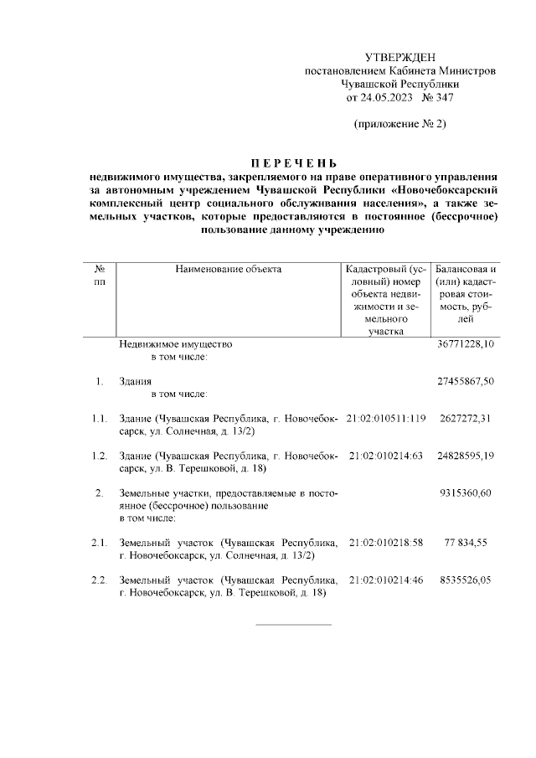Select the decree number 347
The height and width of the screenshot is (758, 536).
[439, 98]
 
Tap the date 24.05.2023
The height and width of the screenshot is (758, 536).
[383, 98]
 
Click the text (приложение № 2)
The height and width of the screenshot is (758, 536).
[400, 125]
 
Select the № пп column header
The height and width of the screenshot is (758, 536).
[100, 276]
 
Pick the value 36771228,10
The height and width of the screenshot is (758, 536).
[466, 344]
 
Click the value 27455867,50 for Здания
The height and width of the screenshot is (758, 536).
[466, 381]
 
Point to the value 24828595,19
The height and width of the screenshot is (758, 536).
[466, 455]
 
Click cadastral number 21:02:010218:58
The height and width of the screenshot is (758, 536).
[386, 543]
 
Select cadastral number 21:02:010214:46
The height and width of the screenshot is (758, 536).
[386, 580]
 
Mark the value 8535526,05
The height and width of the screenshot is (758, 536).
[466, 580]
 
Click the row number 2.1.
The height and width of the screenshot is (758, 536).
[100, 543]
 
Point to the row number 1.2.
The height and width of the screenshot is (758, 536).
[100, 455]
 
